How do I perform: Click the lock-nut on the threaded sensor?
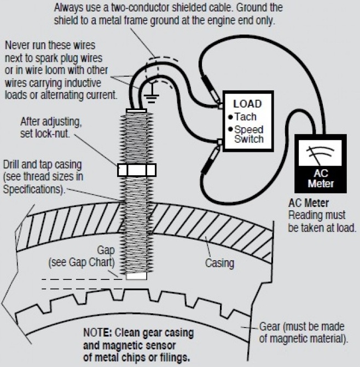[x=137, y=170]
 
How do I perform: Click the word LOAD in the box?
[x=247, y=104]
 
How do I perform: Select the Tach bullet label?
[x=243, y=117]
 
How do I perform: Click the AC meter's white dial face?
[x=320, y=153]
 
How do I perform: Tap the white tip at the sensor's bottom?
[x=137, y=276]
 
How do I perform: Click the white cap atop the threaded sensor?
[x=136, y=111]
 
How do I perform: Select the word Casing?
[x=219, y=263]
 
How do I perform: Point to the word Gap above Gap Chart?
[x=106, y=251]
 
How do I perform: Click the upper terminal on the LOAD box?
[x=220, y=106]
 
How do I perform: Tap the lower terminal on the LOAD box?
[x=220, y=142]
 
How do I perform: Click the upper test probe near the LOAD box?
[x=211, y=89]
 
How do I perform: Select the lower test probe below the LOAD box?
[x=211, y=160]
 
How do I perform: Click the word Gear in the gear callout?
[x=270, y=326]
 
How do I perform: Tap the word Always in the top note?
[x=68, y=8]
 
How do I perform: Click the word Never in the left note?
[x=17, y=45]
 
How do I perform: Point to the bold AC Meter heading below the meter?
[x=309, y=203]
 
